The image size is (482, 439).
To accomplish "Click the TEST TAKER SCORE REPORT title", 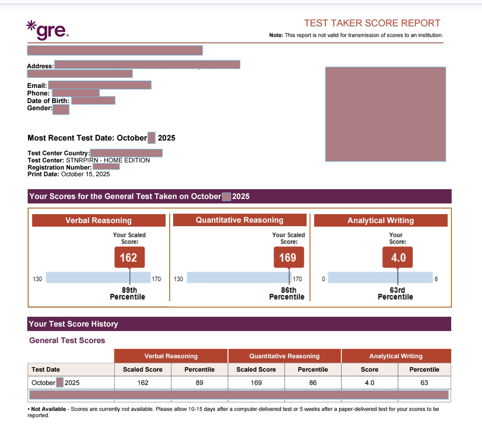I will pyautogui.click(x=372, y=23).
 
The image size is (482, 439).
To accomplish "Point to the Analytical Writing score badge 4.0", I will pyautogui.click(x=398, y=257).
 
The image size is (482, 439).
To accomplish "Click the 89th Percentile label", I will pyautogui.click(x=127, y=294).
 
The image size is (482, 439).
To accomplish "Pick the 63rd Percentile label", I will pyautogui.click(x=395, y=294).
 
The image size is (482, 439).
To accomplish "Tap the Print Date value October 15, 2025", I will pyautogui.click(x=85, y=174).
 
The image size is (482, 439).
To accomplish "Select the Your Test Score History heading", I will pyautogui.click(x=73, y=324).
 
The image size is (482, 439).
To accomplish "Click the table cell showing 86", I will pyautogui.click(x=313, y=383).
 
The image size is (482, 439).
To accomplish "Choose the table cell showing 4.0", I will pyautogui.click(x=370, y=383).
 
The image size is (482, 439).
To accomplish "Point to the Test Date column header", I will pyautogui.click(x=46, y=369).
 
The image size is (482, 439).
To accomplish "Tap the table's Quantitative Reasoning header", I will pyautogui.click(x=284, y=356).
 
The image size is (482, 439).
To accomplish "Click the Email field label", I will pyautogui.click(x=37, y=86).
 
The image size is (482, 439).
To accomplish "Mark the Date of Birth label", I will pyautogui.click(x=48, y=101).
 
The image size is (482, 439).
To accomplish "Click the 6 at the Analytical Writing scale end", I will pyautogui.click(x=436, y=279).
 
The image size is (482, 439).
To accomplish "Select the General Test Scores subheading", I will pyautogui.click(x=67, y=340).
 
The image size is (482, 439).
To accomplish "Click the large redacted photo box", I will pyautogui.click(x=385, y=114).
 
